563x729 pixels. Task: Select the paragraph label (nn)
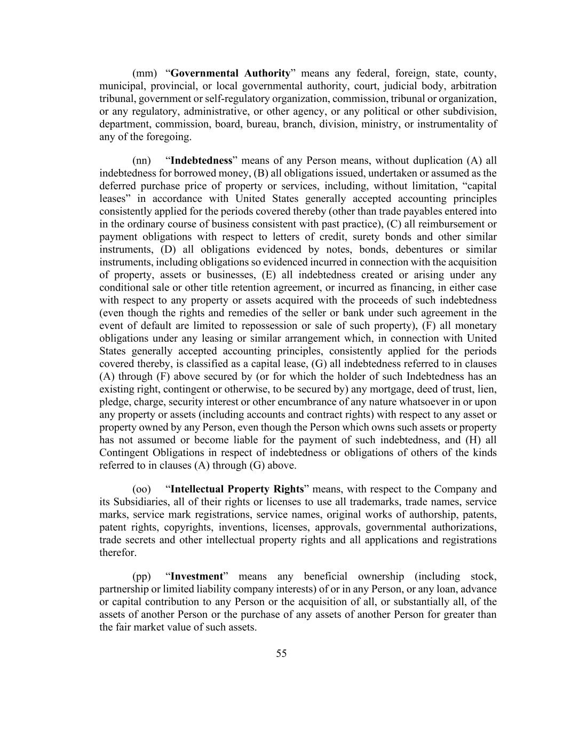141,160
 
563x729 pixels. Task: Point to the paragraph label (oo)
141,489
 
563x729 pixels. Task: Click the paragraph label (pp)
141,577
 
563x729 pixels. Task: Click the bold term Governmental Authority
230,73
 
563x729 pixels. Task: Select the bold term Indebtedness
202,160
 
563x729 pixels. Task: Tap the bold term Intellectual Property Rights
237,489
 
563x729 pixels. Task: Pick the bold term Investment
196,577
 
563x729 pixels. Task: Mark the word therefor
117,553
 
